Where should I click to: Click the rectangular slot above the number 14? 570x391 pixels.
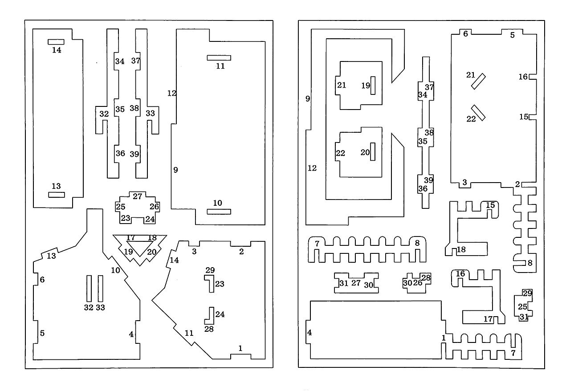(x=56, y=42)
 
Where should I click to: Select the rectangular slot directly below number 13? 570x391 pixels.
(x=57, y=195)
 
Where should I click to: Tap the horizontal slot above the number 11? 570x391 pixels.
(x=219, y=58)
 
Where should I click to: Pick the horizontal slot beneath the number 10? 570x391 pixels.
(x=219, y=212)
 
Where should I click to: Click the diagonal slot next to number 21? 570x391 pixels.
(x=478, y=81)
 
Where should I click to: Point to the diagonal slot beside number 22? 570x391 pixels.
(x=478, y=113)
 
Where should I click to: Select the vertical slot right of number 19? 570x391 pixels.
(x=373, y=86)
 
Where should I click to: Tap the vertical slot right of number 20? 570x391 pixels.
(x=373, y=151)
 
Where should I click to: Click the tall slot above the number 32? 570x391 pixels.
(x=89, y=289)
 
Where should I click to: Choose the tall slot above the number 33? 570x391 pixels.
(x=101, y=289)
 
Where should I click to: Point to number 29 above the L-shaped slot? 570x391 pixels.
(x=210, y=270)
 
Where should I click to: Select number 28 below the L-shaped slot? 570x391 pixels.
(x=209, y=329)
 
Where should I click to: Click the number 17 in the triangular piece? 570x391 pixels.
(x=130, y=237)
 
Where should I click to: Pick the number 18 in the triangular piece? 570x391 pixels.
(x=152, y=238)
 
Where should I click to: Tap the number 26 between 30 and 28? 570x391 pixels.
(x=418, y=282)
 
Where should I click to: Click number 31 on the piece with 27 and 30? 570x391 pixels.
(x=344, y=283)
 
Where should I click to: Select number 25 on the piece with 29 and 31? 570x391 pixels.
(x=522, y=306)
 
